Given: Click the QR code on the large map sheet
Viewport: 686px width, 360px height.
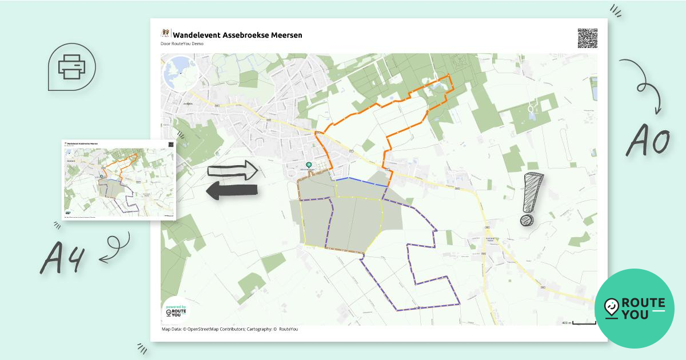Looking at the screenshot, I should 587,38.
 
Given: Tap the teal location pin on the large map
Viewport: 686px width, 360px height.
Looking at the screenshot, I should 309,166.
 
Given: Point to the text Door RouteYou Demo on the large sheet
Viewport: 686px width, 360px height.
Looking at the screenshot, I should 182,43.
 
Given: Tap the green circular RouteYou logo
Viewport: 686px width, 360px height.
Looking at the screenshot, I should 634,309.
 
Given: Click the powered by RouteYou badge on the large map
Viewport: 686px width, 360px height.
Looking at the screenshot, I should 176,311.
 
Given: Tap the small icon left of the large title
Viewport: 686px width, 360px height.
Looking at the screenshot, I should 166,34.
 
